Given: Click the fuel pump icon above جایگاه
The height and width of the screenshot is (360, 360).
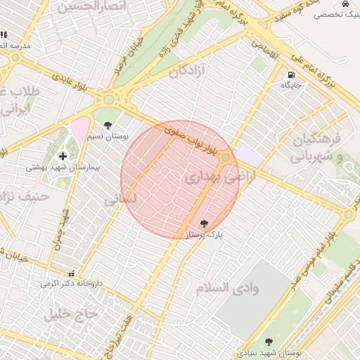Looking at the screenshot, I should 290,75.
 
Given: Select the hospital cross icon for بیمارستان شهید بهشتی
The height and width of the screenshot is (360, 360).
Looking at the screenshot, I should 63,156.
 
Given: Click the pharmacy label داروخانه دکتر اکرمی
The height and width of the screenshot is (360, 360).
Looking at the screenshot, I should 71,283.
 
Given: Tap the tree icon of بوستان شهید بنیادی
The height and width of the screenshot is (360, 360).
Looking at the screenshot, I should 268,342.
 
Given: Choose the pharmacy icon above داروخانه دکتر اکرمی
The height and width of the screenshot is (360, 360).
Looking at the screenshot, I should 71,273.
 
